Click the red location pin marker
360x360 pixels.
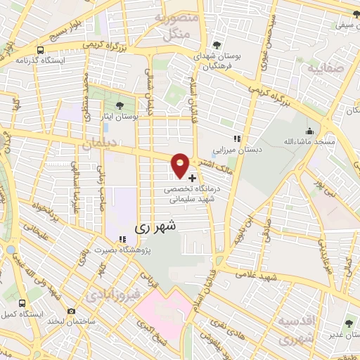pyautogui.click(x=181, y=164)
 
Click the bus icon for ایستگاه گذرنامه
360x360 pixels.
pyautogui.click(x=40, y=51)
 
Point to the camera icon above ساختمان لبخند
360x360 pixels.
pyautogui.click(x=71, y=311)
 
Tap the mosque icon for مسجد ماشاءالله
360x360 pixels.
pyautogui.click(x=309, y=131)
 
